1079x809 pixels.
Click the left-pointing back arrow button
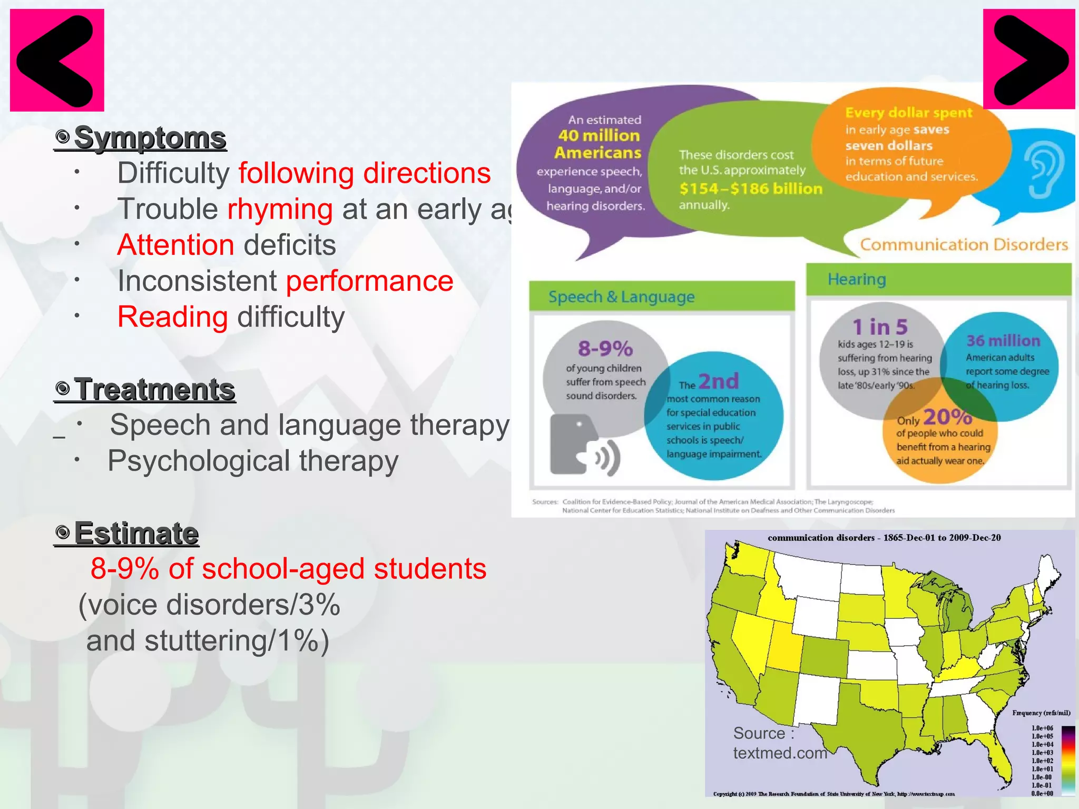point(57,60)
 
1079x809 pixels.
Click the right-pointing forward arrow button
point(1028,60)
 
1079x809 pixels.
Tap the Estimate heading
point(136,533)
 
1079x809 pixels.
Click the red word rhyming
point(280,210)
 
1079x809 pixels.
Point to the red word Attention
point(175,245)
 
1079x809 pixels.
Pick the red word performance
point(369,281)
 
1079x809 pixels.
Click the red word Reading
point(172,317)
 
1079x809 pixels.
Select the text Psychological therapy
point(253,461)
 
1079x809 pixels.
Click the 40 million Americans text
point(599,144)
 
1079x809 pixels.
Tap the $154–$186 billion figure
point(750,189)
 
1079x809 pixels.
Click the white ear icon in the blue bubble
point(1045,171)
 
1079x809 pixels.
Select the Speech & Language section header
point(621,297)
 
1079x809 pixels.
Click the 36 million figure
point(1003,341)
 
